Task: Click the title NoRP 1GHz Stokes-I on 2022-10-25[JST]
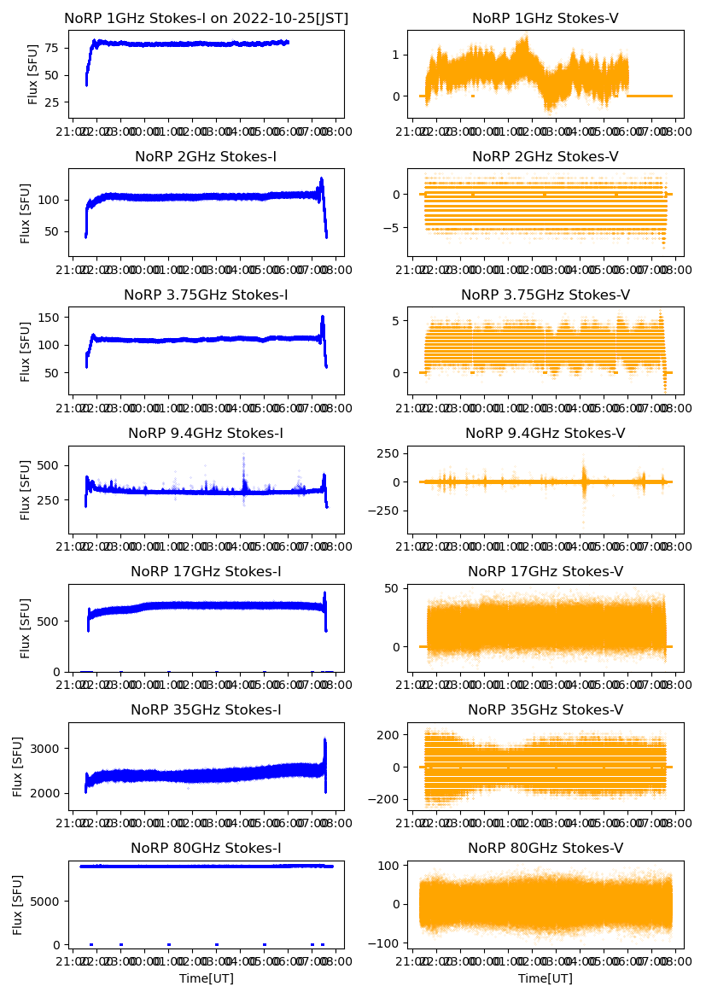[x=207, y=18]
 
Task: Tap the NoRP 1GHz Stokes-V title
[x=546, y=18]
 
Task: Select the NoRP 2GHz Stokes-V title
[x=546, y=156]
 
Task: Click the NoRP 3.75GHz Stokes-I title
[x=206, y=295]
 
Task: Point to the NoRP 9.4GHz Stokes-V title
[x=546, y=433]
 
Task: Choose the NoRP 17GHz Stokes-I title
[x=206, y=571]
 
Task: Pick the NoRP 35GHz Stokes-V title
[x=546, y=709]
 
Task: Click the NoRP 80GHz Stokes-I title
[x=206, y=848]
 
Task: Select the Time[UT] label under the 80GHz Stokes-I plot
[x=206, y=978]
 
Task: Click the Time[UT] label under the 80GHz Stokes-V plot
[x=546, y=978]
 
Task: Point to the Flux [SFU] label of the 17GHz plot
[x=26, y=627]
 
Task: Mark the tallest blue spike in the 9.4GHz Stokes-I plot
[x=243, y=456]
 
